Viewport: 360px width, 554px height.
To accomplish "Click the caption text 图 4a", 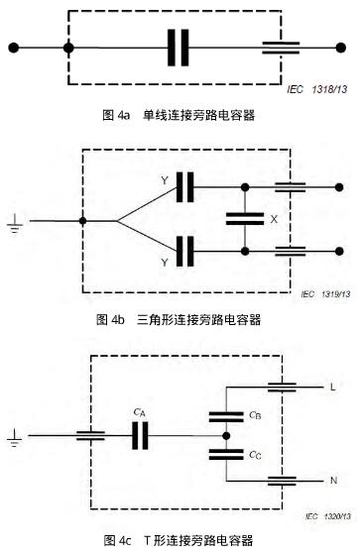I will click(117, 117).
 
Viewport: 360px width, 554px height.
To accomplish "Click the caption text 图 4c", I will click(117, 540).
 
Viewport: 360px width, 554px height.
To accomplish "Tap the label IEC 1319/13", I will click(326, 294).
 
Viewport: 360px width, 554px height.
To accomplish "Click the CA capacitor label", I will click(139, 414).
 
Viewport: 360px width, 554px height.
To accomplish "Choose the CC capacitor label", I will click(256, 457).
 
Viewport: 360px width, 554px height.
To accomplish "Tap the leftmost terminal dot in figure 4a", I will click(13, 47).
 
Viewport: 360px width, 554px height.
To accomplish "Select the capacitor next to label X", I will click(243, 218).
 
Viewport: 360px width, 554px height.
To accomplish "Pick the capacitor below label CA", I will click(139, 434).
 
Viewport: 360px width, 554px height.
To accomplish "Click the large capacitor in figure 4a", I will click(179, 47).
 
